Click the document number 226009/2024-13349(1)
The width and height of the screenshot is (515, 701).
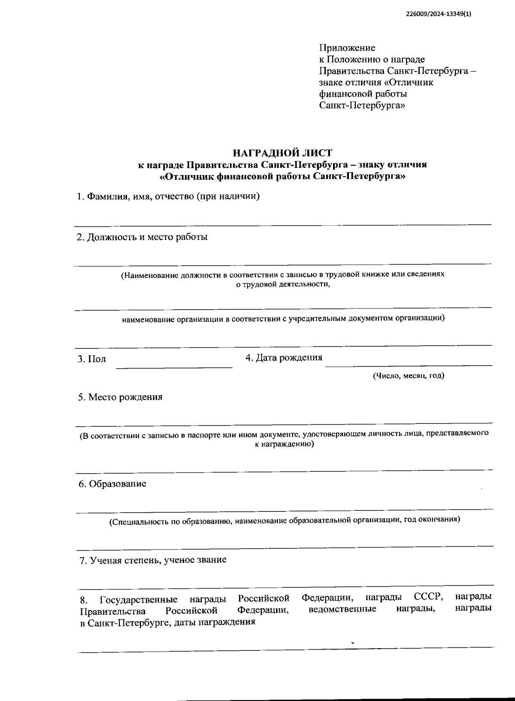click(438, 14)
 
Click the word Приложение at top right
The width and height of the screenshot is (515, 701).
click(347, 48)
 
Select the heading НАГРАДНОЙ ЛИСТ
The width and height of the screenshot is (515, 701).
click(282, 153)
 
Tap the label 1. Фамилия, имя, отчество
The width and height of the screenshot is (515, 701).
click(168, 196)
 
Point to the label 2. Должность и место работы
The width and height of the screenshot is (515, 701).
click(142, 237)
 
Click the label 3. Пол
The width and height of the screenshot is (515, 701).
click(92, 359)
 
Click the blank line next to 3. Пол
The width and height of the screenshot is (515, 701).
click(174, 367)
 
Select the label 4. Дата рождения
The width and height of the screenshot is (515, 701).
click(284, 357)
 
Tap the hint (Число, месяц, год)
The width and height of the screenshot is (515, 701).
click(408, 376)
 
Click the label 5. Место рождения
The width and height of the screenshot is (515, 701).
click(121, 397)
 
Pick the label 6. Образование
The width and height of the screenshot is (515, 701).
click(112, 484)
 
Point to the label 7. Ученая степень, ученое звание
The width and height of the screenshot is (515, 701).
click(153, 560)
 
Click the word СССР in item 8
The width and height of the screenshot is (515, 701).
click(428, 597)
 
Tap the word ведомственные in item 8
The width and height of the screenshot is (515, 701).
click(342, 609)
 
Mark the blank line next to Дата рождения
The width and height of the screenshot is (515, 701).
click(409, 365)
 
